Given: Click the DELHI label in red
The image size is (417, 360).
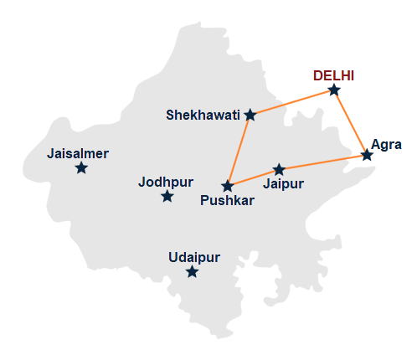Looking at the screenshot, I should coord(334,75).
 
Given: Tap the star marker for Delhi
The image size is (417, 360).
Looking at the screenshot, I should coord(334,90).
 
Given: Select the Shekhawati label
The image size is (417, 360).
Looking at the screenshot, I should coord(203,115).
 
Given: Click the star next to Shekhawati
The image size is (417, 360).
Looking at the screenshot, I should coord(250,115).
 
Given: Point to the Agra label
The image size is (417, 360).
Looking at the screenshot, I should coord(386,144).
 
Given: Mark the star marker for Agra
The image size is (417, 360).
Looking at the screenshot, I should coord(367,155).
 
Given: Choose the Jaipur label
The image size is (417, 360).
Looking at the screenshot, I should coord(283,183).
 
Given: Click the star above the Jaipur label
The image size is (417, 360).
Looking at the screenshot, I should coord(280,169).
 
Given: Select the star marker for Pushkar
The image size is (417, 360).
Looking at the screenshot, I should coord(227,185).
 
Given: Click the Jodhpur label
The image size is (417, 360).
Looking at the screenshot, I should coord(166,182).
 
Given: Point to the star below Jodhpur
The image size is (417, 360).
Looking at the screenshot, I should coord(167,196).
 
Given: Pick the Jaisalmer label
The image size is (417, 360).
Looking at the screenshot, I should coord(79,153).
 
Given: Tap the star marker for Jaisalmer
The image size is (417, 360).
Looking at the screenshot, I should coord(81,167).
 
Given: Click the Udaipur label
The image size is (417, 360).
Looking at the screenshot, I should coord(193,257).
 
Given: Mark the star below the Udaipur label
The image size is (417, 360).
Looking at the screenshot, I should coord(193,271).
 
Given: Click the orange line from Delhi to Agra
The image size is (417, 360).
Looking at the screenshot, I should coord(350,122).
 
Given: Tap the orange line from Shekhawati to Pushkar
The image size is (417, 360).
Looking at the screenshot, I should coord(239,150).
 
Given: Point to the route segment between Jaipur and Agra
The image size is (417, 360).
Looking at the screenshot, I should coord(323,162).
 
